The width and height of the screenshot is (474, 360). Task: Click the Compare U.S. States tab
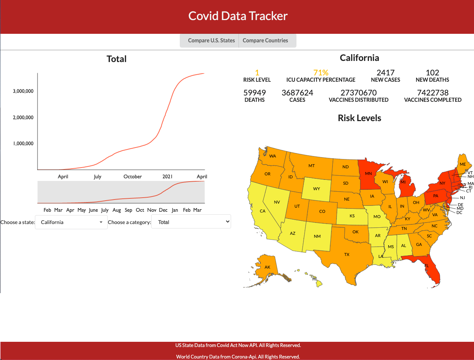[x=211, y=40]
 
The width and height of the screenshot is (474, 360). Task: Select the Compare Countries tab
[x=265, y=40]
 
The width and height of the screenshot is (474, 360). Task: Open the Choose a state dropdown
[x=71, y=222]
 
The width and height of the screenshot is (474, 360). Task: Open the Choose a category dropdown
[x=191, y=222]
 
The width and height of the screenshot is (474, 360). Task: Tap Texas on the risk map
[x=347, y=254]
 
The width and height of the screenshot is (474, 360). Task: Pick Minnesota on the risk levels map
[x=368, y=173]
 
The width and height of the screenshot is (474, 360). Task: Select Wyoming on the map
[x=316, y=189]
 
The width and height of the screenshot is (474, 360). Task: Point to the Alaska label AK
[x=267, y=267]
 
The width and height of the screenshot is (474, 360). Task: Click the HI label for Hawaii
[x=314, y=278]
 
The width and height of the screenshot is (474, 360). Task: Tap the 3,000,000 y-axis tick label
[x=23, y=91]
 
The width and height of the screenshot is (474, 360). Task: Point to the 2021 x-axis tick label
[x=168, y=176]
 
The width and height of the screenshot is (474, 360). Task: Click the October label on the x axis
[x=133, y=176]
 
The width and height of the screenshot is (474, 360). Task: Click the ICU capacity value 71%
[x=321, y=73]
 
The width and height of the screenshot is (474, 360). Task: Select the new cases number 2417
[x=385, y=73]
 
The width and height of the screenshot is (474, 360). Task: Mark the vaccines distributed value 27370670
[x=358, y=93]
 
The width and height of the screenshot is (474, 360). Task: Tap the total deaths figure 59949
[x=254, y=93]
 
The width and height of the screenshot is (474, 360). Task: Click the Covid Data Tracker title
[x=238, y=16]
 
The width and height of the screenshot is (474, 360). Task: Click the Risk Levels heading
[x=359, y=118]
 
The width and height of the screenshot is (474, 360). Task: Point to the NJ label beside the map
[x=462, y=198]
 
